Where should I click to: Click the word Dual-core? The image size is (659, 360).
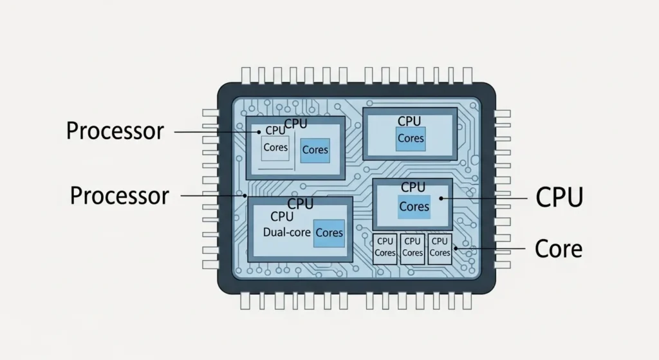pos(287,232)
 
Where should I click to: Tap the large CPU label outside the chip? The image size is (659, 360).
pos(559,198)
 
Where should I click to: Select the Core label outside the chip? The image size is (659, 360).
pos(558,248)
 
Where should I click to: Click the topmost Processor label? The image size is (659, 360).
pos(115,131)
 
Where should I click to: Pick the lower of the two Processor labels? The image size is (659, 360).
pos(119,195)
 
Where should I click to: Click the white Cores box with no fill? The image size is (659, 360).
pos(275,148)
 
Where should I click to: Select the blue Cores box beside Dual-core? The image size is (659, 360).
pos(329,232)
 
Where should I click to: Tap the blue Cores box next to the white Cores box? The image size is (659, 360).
pos(315,149)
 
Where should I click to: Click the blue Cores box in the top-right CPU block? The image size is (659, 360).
pos(411,138)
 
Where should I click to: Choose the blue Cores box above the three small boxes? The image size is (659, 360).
pos(414,207)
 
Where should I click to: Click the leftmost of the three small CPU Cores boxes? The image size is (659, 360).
pos(385,247)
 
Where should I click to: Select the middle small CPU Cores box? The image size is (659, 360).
pos(412,247)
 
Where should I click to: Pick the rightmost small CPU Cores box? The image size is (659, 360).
pos(440,247)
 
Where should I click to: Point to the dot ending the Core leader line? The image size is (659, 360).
pos(455,248)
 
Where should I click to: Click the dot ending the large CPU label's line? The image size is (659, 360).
pos(441,198)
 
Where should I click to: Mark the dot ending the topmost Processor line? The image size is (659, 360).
pos(259,132)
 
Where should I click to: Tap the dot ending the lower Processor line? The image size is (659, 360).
pos(246,195)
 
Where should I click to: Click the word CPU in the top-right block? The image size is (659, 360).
pos(409,121)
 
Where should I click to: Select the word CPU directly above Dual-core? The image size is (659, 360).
pos(282,217)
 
